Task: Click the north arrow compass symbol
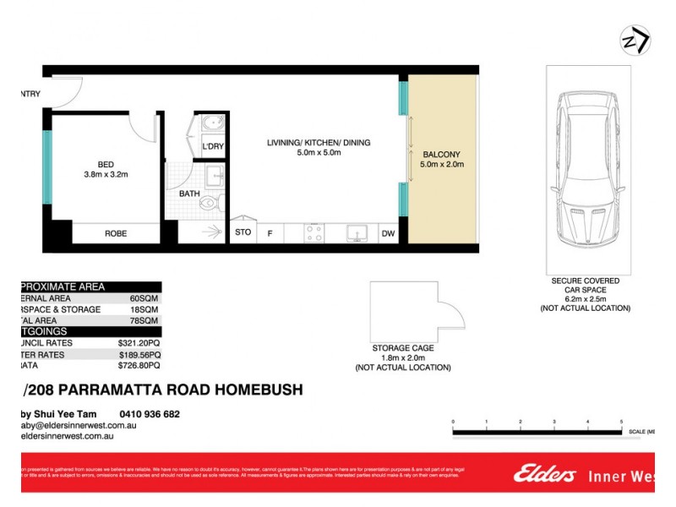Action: tap(635, 41)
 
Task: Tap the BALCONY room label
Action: tap(441, 154)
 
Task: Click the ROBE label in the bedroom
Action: tap(116, 233)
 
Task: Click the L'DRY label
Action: tap(213, 147)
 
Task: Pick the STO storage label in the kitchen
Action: tap(243, 232)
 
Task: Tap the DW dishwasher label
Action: tap(388, 233)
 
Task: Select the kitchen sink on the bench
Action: tap(356, 233)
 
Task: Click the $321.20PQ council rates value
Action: tap(139, 343)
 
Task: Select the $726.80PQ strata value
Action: tap(139, 366)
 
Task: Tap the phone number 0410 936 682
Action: tap(150, 414)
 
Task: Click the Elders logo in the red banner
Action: tap(544, 475)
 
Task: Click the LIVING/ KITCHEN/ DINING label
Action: tap(319, 143)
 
